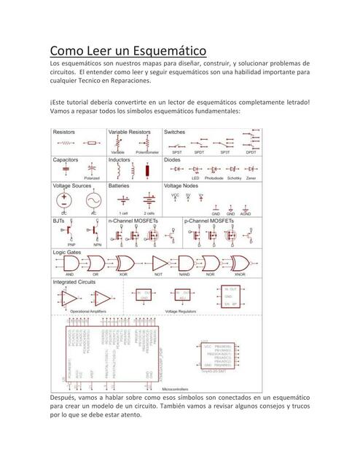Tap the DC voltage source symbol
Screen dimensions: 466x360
(66, 200)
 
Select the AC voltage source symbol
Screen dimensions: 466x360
(93, 200)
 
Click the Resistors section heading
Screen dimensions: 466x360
(64, 133)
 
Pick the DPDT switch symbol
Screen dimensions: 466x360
(251, 141)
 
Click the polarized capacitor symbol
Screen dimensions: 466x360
(92, 169)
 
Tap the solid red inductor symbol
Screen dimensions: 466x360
(148, 171)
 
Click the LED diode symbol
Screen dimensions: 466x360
(195, 170)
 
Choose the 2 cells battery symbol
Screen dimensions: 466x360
(149, 201)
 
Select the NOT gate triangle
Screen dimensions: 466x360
(155, 263)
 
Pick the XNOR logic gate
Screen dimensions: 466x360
(239, 263)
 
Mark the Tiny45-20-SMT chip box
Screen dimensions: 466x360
(216, 355)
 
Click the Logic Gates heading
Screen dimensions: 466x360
(66, 251)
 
